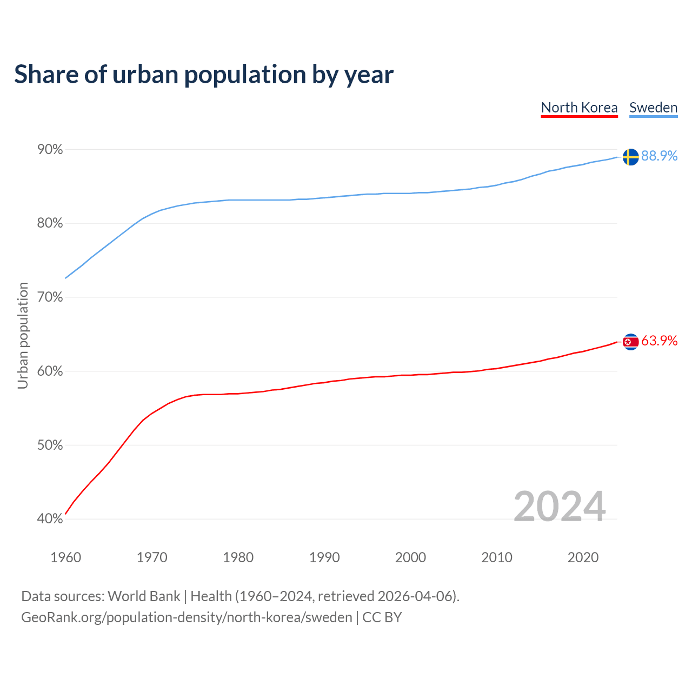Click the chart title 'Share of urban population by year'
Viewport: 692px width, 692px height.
(204, 75)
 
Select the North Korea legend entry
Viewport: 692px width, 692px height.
(579, 108)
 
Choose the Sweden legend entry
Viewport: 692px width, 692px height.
(653, 108)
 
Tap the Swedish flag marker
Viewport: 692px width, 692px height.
(630, 157)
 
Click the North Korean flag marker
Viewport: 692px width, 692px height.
(630, 342)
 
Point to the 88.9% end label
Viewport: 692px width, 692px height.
(659, 156)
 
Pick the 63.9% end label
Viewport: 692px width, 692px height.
(659, 341)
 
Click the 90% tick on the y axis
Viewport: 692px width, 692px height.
(50, 149)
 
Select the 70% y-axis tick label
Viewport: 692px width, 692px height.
(50, 297)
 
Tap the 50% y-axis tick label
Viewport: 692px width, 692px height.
(50, 445)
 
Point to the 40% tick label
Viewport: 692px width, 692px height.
(50, 519)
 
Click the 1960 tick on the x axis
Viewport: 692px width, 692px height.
(65, 557)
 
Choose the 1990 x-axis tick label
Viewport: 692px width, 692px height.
(324, 557)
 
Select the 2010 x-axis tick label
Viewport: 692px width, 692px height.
(497, 557)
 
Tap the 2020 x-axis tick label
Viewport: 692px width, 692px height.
(583, 557)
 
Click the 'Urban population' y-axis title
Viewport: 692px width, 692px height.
(23, 335)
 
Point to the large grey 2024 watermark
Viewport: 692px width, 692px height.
(560, 507)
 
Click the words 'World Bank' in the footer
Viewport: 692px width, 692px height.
(144, 596)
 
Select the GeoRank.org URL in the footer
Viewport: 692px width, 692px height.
(187, 617)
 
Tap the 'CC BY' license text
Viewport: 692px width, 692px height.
(382, 617)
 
